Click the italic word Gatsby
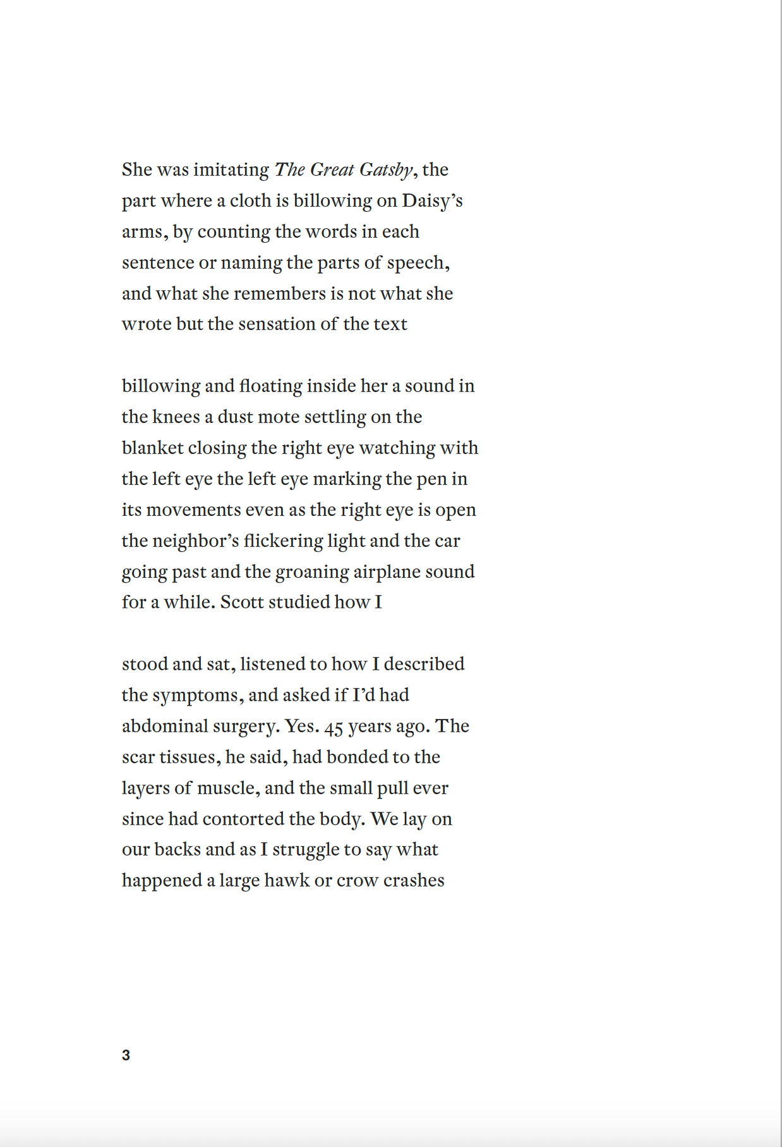386,170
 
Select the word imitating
231,170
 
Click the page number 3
126,1055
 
